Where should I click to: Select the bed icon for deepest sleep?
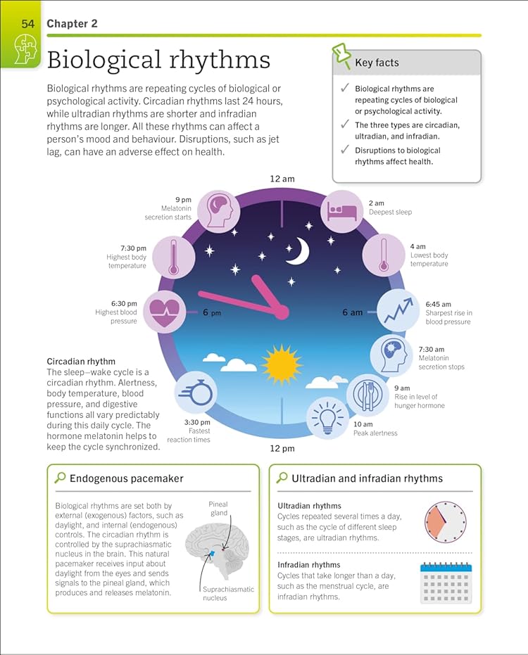[x=342, y=210]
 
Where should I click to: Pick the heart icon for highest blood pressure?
[x=164, y=311]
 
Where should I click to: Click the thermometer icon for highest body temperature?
[x=173, y=257]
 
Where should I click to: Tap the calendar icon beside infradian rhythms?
[x=446, y=583]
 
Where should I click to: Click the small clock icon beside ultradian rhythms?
[x=446, y=522]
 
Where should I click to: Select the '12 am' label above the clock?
[x=282, y=179]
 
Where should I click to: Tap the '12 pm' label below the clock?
[x=282, y=448]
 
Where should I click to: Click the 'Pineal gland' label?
[x=218, y=509]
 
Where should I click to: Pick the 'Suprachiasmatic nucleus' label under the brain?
[x=229, y=594]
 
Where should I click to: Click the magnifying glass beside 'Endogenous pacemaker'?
[x=61, y=478]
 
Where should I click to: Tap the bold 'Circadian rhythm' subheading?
[x=81, y=362]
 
